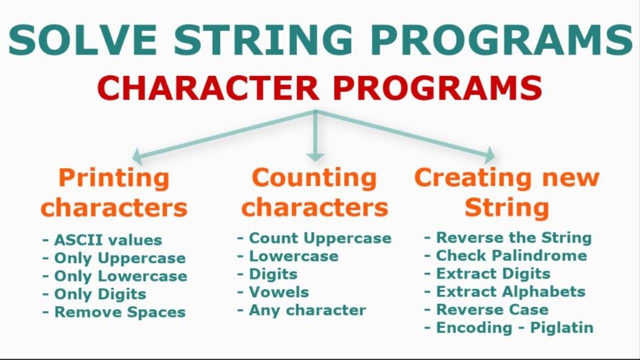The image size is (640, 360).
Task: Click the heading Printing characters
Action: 114,192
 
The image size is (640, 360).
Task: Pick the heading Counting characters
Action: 314,192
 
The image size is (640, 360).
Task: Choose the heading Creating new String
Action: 506,192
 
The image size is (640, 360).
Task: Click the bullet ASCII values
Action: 107,240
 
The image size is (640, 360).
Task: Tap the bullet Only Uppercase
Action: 119,258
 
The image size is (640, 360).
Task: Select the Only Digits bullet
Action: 100,294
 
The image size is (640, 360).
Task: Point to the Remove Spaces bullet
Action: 119,312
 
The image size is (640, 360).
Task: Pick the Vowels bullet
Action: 279,292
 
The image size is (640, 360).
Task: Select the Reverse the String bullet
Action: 513,237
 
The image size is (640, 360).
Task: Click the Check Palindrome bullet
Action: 511,255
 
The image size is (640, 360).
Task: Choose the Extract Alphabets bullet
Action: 510,291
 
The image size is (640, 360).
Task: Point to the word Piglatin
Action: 561,327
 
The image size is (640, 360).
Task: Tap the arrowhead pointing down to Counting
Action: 315,156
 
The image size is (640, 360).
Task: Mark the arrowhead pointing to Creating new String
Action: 490,155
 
